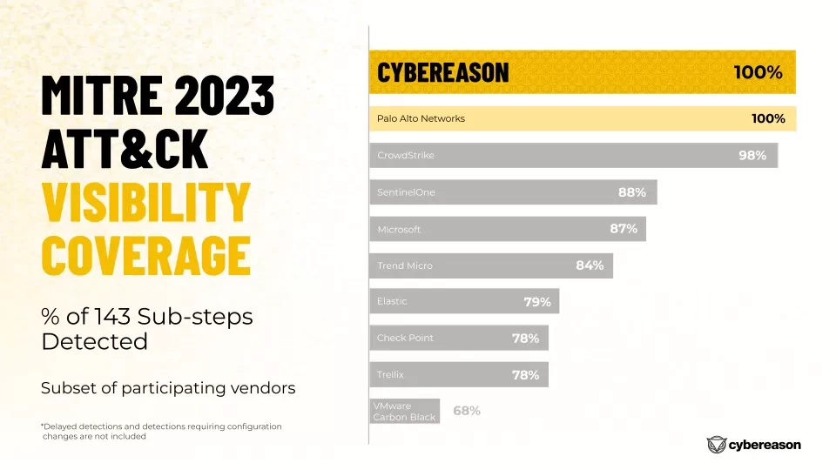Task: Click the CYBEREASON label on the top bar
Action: (x=442, y=72)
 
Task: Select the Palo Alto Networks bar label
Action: (x=421, y=118)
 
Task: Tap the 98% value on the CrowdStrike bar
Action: (x=752, y=156)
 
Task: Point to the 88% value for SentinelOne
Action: (x=632, y=192)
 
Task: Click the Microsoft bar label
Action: (x=399, y=229)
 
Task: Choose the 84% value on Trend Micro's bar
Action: (x=590, y=265)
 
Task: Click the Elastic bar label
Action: (x=392, y=301)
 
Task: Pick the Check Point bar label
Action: (x=405, y=338)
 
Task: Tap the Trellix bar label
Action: (x=390, y=374)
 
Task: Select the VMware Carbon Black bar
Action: (x=404, y=412)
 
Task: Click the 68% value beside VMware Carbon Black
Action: (x=467, y=411)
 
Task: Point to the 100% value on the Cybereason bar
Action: (x=758, y=72)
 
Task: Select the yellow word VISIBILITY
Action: (x=145, y=202)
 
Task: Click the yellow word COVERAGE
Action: (x=145, y=254)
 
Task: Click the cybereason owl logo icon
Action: (x=718, y=445)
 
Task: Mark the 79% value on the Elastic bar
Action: (x=537, y=302)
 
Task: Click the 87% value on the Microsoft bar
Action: (x=624, y=229)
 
